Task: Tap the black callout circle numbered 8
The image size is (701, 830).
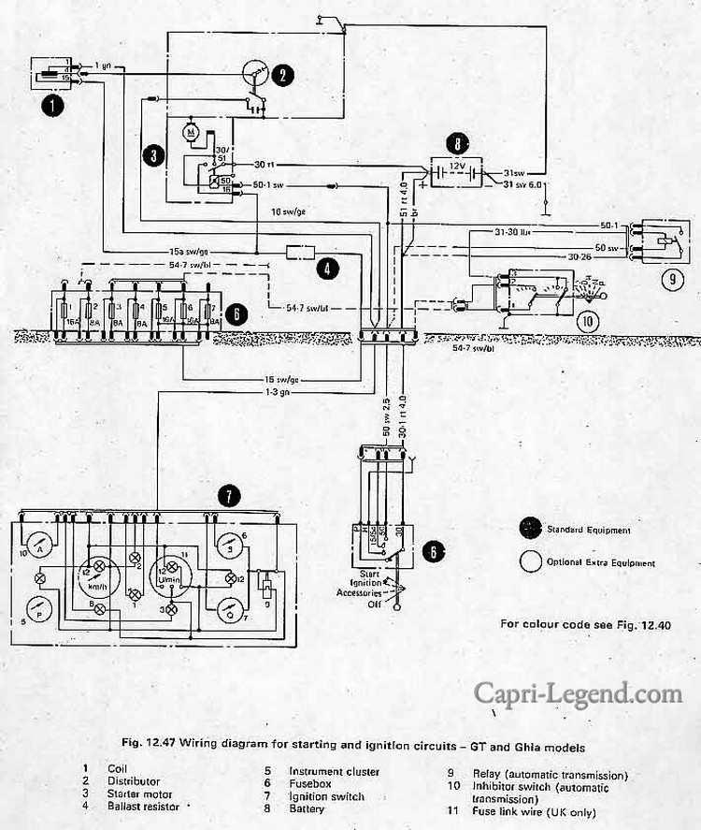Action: click(x=455, y=144)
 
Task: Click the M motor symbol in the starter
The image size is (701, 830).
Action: click(x=192, y=132)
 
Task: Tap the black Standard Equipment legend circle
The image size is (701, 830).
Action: click(x=531, y=529)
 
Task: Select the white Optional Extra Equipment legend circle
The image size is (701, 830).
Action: click(x=531, y=561)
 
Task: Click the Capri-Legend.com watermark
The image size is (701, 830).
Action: click(x=578, y=693)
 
